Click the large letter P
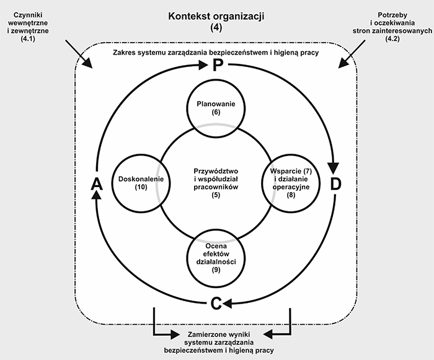(216, 66)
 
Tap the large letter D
(335, 184)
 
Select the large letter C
(216, 303)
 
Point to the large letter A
(96, 184)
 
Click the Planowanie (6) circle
(216, 108)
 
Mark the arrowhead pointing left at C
(227, 303)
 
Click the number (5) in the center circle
(216, 195)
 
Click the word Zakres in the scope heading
(125, 53)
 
